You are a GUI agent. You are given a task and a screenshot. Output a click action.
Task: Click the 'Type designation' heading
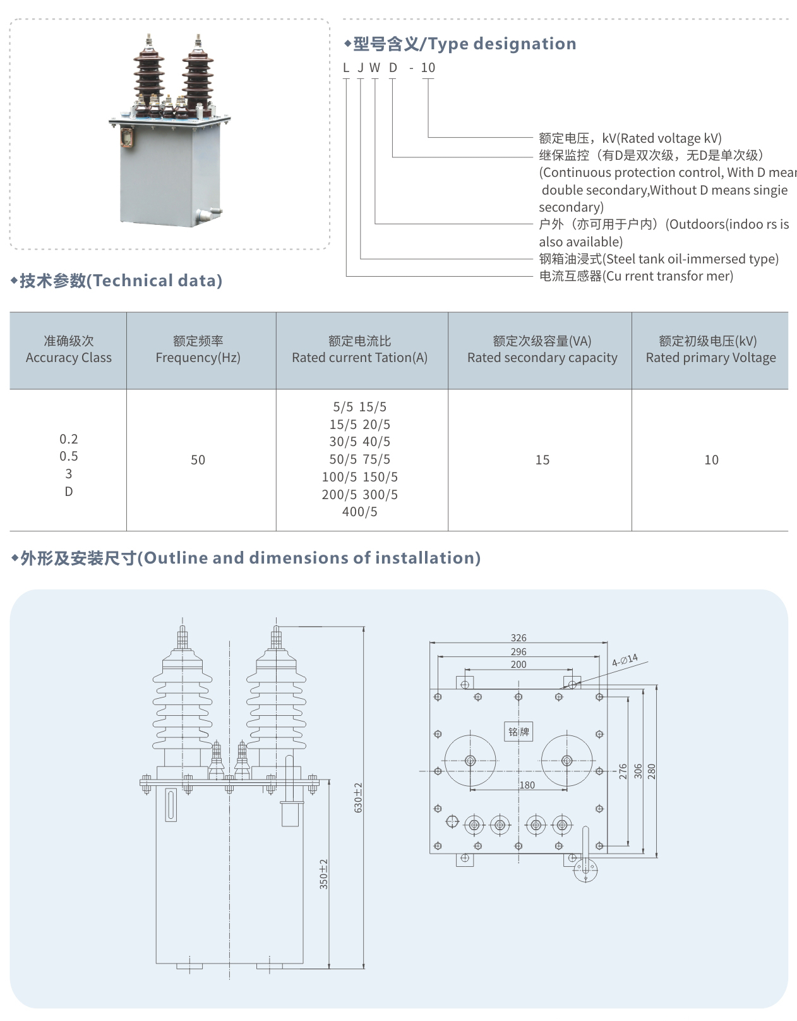pos(464,44)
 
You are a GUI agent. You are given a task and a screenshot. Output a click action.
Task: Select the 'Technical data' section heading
pos(121,281)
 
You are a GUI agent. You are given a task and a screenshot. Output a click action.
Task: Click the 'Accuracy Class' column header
pos(68,350)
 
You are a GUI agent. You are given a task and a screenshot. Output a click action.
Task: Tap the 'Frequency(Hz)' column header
pos(198,350)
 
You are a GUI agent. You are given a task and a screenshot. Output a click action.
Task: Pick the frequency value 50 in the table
pos(198,460)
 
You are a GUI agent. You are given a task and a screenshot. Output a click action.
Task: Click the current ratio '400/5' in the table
pos(359,512)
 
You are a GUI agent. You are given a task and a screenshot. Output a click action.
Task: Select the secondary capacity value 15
pos(542,460)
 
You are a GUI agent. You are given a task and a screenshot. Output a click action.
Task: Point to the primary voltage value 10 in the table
pos(711,460)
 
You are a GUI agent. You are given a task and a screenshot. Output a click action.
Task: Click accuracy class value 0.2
pos(68,439)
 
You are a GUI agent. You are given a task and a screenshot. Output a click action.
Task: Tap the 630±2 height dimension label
pos(358,797)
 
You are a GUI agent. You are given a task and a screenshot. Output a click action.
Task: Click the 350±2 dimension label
pos(323,874)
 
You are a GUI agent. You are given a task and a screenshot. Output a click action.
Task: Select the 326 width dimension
pos(518,638)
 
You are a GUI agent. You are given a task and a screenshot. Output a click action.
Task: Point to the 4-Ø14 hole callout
pos(625,661)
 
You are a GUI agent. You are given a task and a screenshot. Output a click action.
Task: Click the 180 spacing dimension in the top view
pos(527,785)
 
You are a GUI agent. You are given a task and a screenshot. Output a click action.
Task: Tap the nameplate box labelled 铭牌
pos(518,732)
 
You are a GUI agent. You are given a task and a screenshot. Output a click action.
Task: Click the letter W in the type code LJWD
pos(375,68)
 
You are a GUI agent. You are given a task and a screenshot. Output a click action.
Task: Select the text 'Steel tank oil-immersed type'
pos(692,259)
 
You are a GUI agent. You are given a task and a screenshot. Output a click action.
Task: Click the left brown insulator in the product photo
pos(148,76)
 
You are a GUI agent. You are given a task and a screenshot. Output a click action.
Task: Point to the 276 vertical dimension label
pos(623,771)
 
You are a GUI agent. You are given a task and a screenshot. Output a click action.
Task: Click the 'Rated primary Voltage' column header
pos(710,350)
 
